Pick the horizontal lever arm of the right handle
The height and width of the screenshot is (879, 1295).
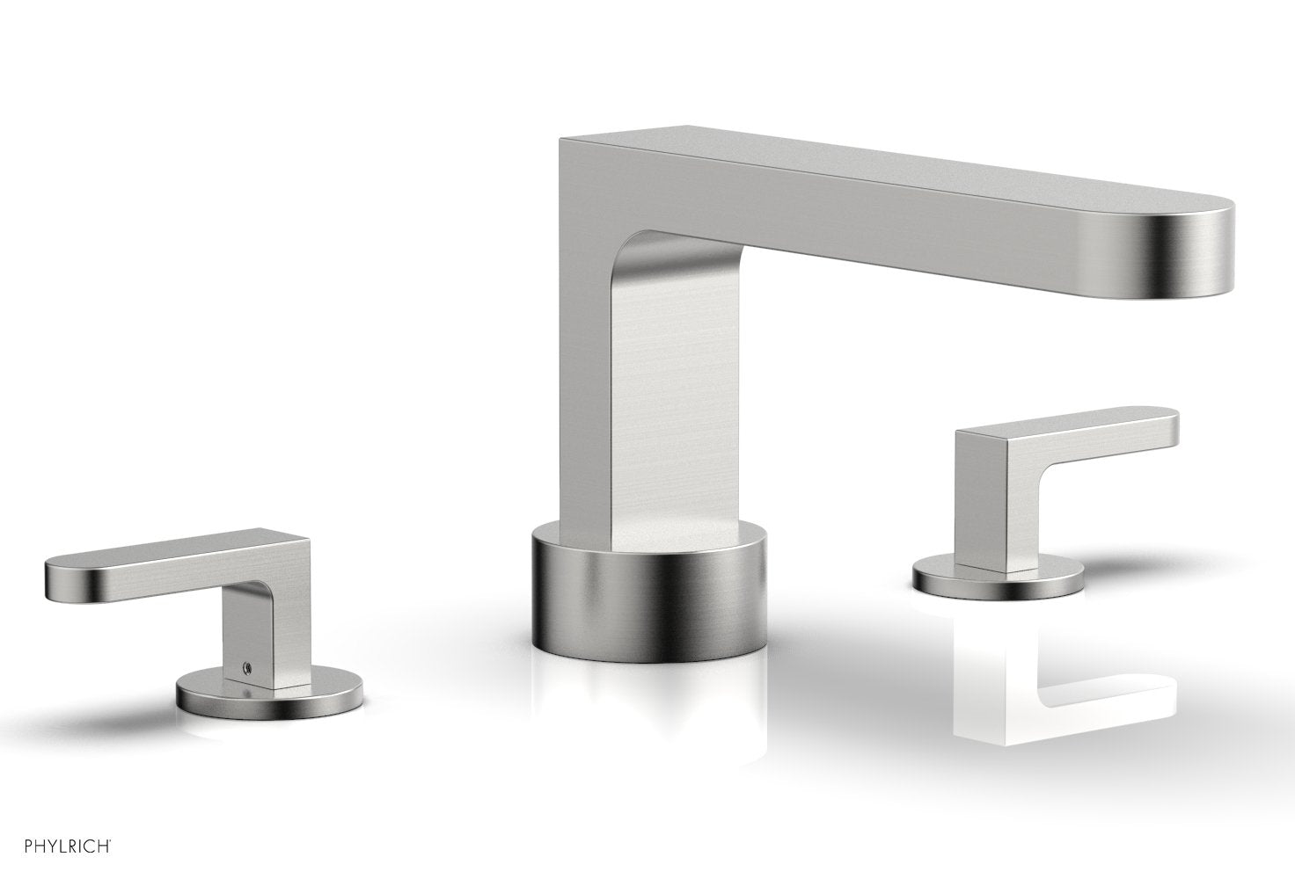tap(1073, 435)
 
